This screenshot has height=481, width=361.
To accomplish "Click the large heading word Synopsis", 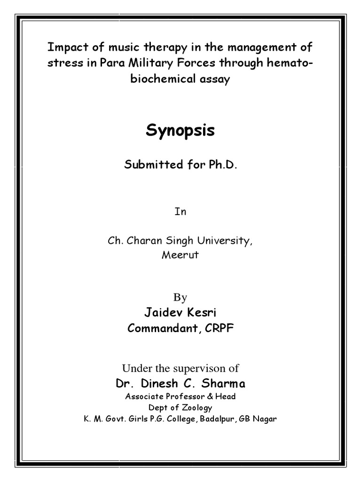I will click(180, 131).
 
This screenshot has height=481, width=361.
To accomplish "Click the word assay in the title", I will click(215, 79).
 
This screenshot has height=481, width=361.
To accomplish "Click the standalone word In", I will click(180, 212).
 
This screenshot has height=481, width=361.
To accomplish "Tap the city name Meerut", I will click(180, 256).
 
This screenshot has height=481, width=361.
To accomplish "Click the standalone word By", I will click(180, 297).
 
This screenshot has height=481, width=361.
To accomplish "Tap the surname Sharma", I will click(224, 384).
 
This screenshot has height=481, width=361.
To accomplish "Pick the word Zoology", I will click(197, 407).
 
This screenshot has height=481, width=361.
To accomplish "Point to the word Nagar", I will click(266, 419).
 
